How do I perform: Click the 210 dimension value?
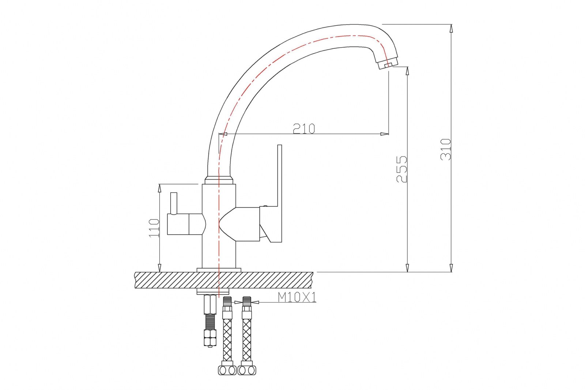304,128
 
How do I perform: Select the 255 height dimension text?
402,169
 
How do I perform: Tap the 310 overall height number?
446,149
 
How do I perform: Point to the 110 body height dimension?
154,228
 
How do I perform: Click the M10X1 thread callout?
297,297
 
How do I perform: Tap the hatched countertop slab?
224,280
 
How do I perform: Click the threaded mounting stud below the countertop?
210,322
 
